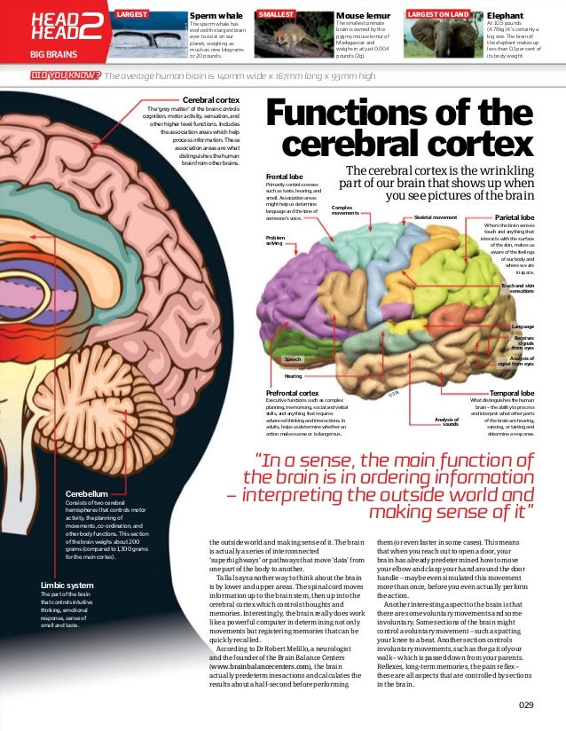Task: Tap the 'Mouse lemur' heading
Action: point(358,16)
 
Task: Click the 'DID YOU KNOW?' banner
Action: point(64,76)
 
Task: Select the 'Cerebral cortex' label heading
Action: point(210,101)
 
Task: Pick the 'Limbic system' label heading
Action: point(67,586)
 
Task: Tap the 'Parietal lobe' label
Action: point(515,216)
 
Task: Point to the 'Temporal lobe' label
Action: point(512,392)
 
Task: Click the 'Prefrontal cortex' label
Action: point(293,392)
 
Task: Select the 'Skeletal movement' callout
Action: point(435,216)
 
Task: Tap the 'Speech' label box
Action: point(293,359)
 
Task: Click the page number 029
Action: point(529,705)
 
